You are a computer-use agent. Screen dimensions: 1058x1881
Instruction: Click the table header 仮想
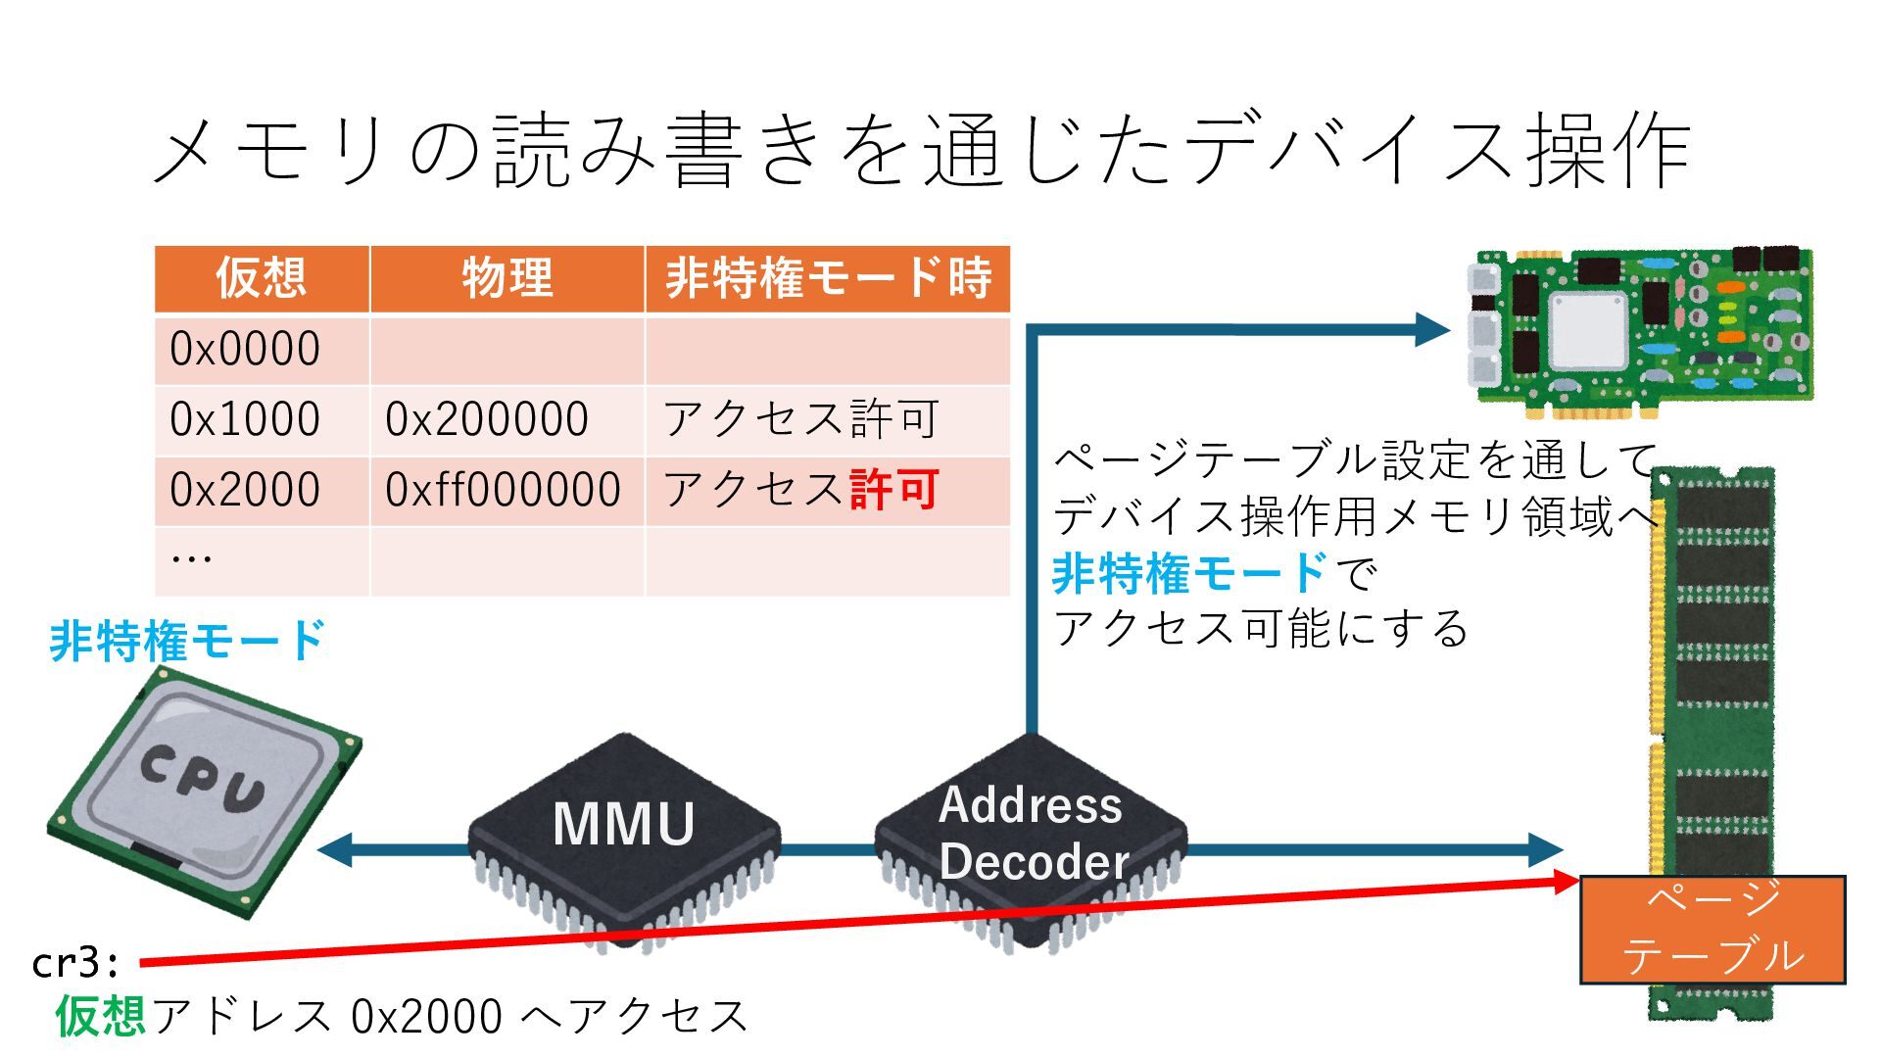[x=261, y=278]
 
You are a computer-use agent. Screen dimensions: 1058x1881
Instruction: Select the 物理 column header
[x=506, y=278]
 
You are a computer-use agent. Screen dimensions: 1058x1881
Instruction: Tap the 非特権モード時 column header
[x=828, y=278]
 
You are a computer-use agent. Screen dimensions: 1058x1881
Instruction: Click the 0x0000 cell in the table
[x=245, y=349]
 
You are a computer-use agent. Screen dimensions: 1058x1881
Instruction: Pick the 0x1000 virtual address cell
[x=245, y=419]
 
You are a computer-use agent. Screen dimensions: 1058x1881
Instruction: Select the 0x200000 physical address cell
[x=487, y=419]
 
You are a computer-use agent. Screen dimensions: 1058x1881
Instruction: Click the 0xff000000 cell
[x=503, y=490]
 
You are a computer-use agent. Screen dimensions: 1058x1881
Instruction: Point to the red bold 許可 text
[x=894, y=490]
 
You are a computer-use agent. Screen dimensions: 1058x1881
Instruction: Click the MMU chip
[x=624, y=833]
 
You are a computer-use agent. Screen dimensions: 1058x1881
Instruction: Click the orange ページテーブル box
[x=1712, y=929]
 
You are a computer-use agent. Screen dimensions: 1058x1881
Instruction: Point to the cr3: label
[x=75, y=963]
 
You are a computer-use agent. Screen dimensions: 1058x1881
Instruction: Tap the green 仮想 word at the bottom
[x=100, y=1015]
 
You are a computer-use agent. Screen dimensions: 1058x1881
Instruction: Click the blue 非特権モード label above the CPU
[x=186, y=642]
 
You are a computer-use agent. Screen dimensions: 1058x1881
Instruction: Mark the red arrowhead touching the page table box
[x=1564, y=882]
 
